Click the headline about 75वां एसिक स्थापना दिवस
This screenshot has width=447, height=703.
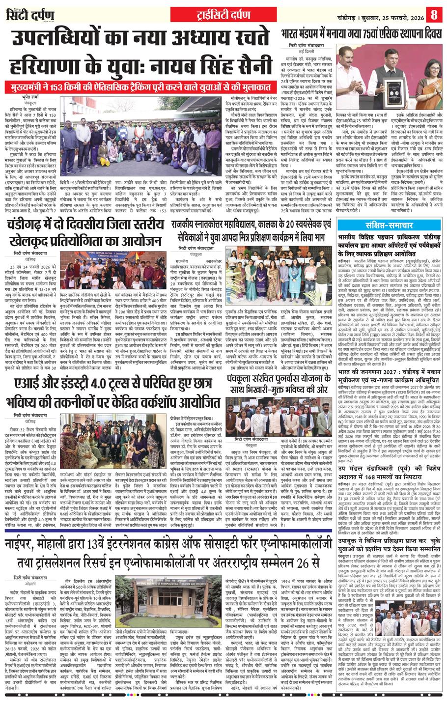[x=363, y=34]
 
